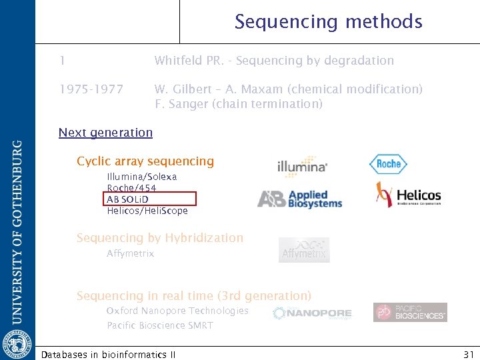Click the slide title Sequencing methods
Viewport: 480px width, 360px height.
pyautogui.click(x=328, y=22)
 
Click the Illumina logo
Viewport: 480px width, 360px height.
pyautogui.click(x=302, y=165)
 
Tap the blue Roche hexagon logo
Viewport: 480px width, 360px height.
pyautogui.click(x=388, y=164)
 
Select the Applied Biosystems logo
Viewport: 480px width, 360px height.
pyautogui.click(x=300, y=198)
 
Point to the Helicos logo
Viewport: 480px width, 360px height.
pyautogui.click(x=408, y=195)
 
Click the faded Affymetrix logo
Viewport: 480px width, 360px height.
pyautogui.click(x=304, y=250)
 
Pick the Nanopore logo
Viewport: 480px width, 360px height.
pyautogui.click(x=312, y=313)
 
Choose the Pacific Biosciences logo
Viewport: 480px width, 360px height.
pyautogui.click(x=410, y=312)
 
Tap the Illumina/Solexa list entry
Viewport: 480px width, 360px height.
pyautogui.click(x=142, y=177)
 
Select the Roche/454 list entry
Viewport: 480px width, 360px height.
pyautogui.click(x=131, y=188)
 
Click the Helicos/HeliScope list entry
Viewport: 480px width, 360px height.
pyautogui.click(x=147, y=211)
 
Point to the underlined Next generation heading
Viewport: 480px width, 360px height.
pyautogui.click(x=105, y=132)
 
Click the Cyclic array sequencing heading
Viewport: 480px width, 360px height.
pyautogui.click(x=145, y=161)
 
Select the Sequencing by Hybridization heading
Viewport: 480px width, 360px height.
pyautogui.click(x=160, y=237)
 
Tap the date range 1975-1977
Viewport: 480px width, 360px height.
pyautogui.click(x=91, y=89)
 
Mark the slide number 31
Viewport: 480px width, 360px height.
pyautogui.click(x=467, y=354)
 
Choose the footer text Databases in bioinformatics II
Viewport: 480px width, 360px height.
pyautogui.click(x=108, y=354)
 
